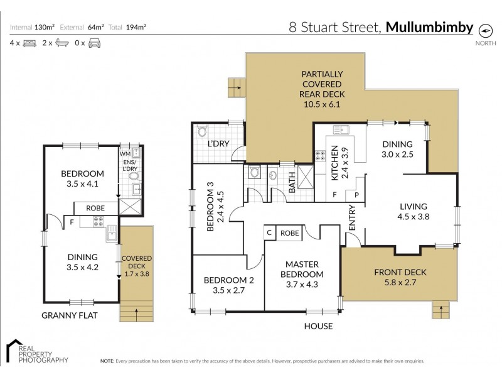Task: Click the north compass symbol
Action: tap(484, 29)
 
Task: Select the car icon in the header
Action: tap(95, 43)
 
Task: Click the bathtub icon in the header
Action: tap(62, 43)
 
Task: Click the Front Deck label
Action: tap(400, 276)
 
